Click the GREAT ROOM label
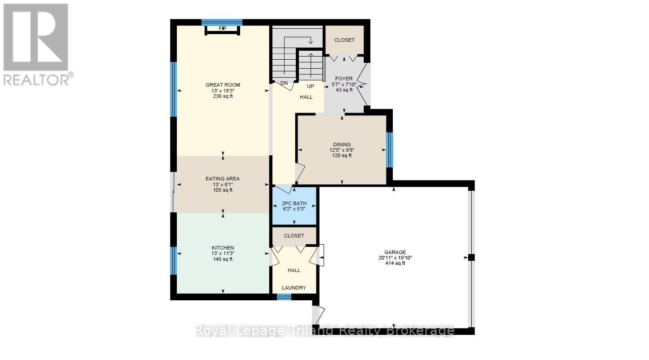[x=223, y=85]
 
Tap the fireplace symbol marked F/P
[x=223, y=29]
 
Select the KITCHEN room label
[x=223, y=248]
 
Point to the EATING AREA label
[x=223, y=179]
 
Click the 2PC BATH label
[x=294, y=203]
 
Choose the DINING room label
[x=342, y=145]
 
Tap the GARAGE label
[x=395, y=252]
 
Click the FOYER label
[x=344, y=79]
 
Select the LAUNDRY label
[x=294, y=288]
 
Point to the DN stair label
[x=284, y=83]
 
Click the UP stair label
[x=311, y=86]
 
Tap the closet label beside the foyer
[x=345, y=40]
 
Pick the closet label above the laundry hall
[x=294, y=236]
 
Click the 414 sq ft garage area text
[x=395, y=263]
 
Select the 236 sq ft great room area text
[x=223, y=96]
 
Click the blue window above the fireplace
[x=222, y=22]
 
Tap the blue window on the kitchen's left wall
[x=173, y=260]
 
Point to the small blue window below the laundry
[x=284, y=297]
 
